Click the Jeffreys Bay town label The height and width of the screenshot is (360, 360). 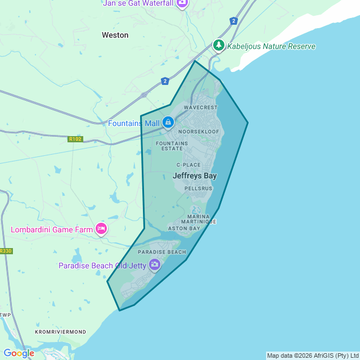click(194, 176)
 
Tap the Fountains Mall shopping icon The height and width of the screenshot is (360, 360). click(168, 122)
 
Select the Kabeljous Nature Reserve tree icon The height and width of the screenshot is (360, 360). click(218, 46)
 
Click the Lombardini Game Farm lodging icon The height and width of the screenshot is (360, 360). click(101, 228)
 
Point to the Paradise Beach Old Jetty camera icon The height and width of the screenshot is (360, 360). click(155, 265)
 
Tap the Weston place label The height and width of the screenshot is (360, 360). click(115, 35)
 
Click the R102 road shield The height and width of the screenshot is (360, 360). click(74, 139)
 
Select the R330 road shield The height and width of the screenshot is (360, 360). click(5, 251)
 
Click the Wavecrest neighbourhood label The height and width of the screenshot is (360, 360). click(200, 107)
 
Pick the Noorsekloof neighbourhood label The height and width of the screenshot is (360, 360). click(199, 132)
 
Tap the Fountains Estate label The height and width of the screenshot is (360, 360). click(172, 146)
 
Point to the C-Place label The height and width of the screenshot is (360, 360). click(188, 165)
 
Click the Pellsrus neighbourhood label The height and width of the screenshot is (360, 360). click(199, 188)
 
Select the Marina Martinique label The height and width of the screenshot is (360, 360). click(201, 219)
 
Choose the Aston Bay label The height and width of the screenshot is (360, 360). click(184, 228)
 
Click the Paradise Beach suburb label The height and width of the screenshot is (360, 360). click(162, 252)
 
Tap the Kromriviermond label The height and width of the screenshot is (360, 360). click(61, 332)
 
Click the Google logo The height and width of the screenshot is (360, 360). click(19, 353)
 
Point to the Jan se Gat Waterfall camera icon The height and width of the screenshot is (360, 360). click(182, 3)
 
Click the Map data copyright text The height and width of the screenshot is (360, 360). click(312, 355)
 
